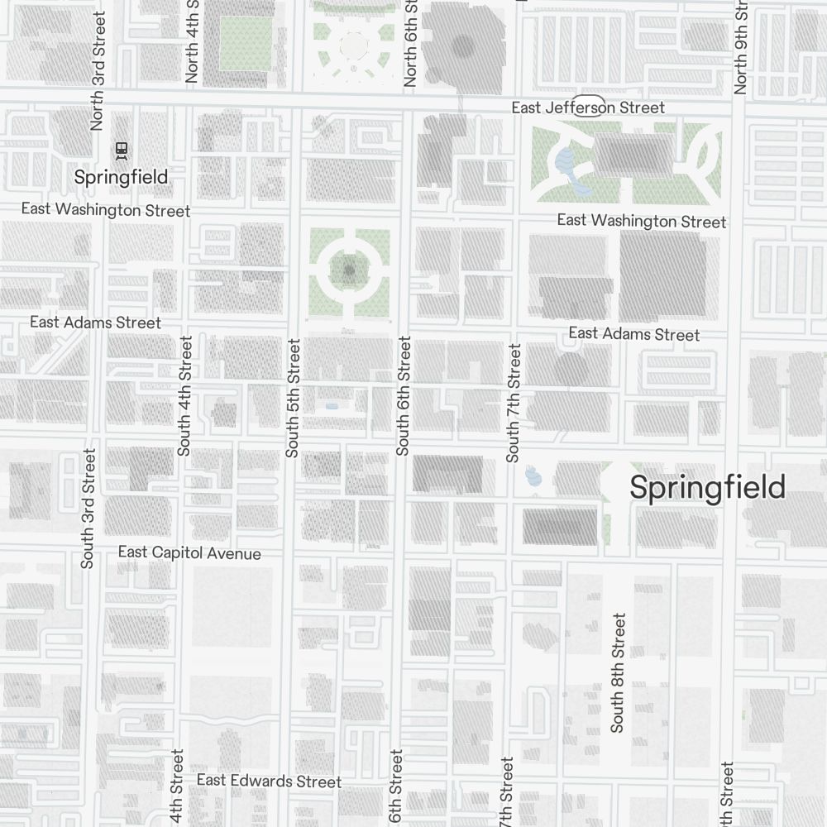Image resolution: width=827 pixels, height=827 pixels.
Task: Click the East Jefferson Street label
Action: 588,108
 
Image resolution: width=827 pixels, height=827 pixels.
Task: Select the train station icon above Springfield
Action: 122,150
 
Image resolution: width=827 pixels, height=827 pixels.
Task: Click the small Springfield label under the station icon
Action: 121,177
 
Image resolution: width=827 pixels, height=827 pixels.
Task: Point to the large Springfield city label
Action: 707,488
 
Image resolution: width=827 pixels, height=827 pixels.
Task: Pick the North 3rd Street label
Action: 98,70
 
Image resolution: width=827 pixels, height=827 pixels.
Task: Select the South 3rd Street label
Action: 88,508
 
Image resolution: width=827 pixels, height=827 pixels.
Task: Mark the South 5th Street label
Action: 291,397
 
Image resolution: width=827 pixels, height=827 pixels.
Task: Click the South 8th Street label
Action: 618,672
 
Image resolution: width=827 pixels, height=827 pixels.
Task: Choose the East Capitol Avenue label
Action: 189,552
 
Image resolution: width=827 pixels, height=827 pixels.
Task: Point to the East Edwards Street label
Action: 269,781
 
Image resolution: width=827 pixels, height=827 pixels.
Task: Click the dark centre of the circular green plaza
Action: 349,270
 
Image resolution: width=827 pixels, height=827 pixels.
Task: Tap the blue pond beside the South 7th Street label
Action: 533,476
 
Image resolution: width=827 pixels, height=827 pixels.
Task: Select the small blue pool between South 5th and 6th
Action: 332,406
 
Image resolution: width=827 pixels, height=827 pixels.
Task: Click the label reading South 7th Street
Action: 514,403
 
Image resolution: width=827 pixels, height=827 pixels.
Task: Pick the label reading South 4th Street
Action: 184,395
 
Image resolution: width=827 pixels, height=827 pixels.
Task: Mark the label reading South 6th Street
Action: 404,395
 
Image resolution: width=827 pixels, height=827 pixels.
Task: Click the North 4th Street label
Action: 192,41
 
